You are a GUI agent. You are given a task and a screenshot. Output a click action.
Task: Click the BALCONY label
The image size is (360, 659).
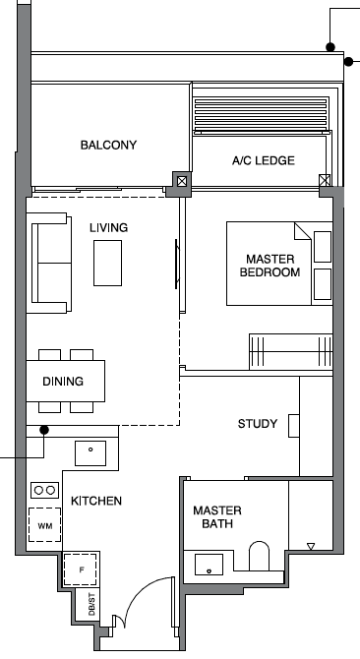(108, 145)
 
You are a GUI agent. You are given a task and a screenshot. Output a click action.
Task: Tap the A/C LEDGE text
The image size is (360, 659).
(264, 160)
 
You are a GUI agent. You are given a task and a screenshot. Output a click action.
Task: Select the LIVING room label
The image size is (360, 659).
(108, 228)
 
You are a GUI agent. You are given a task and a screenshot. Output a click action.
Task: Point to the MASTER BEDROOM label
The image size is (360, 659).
(270, 266)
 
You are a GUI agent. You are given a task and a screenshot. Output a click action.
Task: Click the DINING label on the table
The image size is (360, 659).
(63, 382)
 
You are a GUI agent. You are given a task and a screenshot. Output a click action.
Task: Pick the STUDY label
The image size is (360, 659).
(258, 424)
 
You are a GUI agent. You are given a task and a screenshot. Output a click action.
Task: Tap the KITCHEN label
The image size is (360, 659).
(96, 501)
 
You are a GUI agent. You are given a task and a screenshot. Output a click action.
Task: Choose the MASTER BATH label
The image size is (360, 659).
(217, 517)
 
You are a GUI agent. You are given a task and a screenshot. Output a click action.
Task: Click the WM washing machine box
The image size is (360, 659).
(45, 525)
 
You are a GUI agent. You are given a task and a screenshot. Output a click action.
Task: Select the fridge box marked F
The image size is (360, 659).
(80, 569)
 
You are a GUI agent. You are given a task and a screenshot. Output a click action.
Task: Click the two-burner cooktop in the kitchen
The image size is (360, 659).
(44, 490)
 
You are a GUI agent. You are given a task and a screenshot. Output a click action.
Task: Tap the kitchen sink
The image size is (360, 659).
(90, 453)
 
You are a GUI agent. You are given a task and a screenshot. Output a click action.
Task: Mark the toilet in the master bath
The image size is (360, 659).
(260, 556)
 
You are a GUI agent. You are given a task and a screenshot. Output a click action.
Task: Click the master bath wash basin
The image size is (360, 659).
(209, 565)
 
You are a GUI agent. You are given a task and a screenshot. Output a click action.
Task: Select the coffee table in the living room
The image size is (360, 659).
(107, 263)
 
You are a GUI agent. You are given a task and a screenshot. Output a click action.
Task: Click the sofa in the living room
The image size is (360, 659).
(49, 263)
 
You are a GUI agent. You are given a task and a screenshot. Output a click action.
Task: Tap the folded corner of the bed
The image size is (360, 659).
(302, 231)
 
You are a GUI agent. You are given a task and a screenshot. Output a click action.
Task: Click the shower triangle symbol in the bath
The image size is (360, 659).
(311, 546)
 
